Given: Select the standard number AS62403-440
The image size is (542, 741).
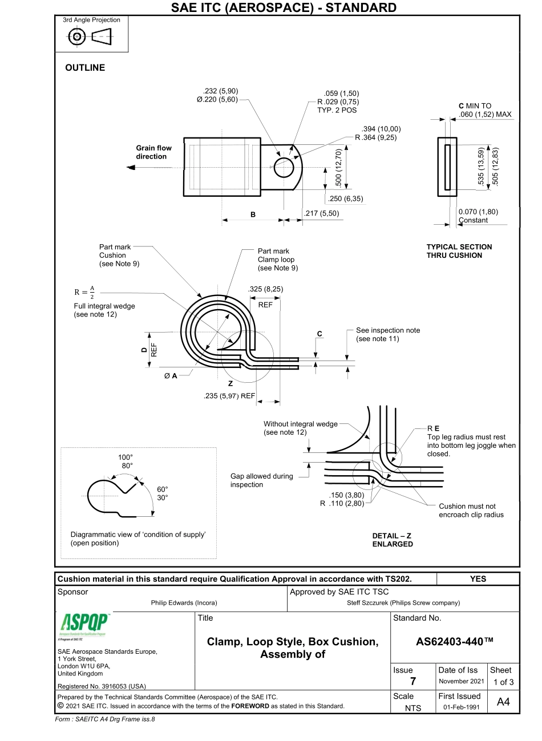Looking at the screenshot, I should tap(454, 641).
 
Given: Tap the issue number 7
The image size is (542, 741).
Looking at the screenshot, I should tap(412, 681).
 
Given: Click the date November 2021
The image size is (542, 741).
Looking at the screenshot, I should tap(461, 681).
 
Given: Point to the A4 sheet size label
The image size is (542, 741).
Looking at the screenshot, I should tap(503, 702).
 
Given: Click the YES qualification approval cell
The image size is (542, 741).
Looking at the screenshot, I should tap(478, 578).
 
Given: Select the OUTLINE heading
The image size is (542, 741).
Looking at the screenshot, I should tap(85, 68).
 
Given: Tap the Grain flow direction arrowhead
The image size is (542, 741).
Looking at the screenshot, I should tap(131, 168).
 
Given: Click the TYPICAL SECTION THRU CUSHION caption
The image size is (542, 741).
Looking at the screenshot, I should tap(459, 251).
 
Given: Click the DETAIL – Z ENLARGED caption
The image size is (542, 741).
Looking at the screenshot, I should tap(392, 540).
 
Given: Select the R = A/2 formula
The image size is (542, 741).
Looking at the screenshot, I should tap(85, 292).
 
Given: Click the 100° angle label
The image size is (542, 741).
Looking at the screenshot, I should tap(125, 457).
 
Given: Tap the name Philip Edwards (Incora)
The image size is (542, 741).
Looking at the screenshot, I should tap(184, 602).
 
